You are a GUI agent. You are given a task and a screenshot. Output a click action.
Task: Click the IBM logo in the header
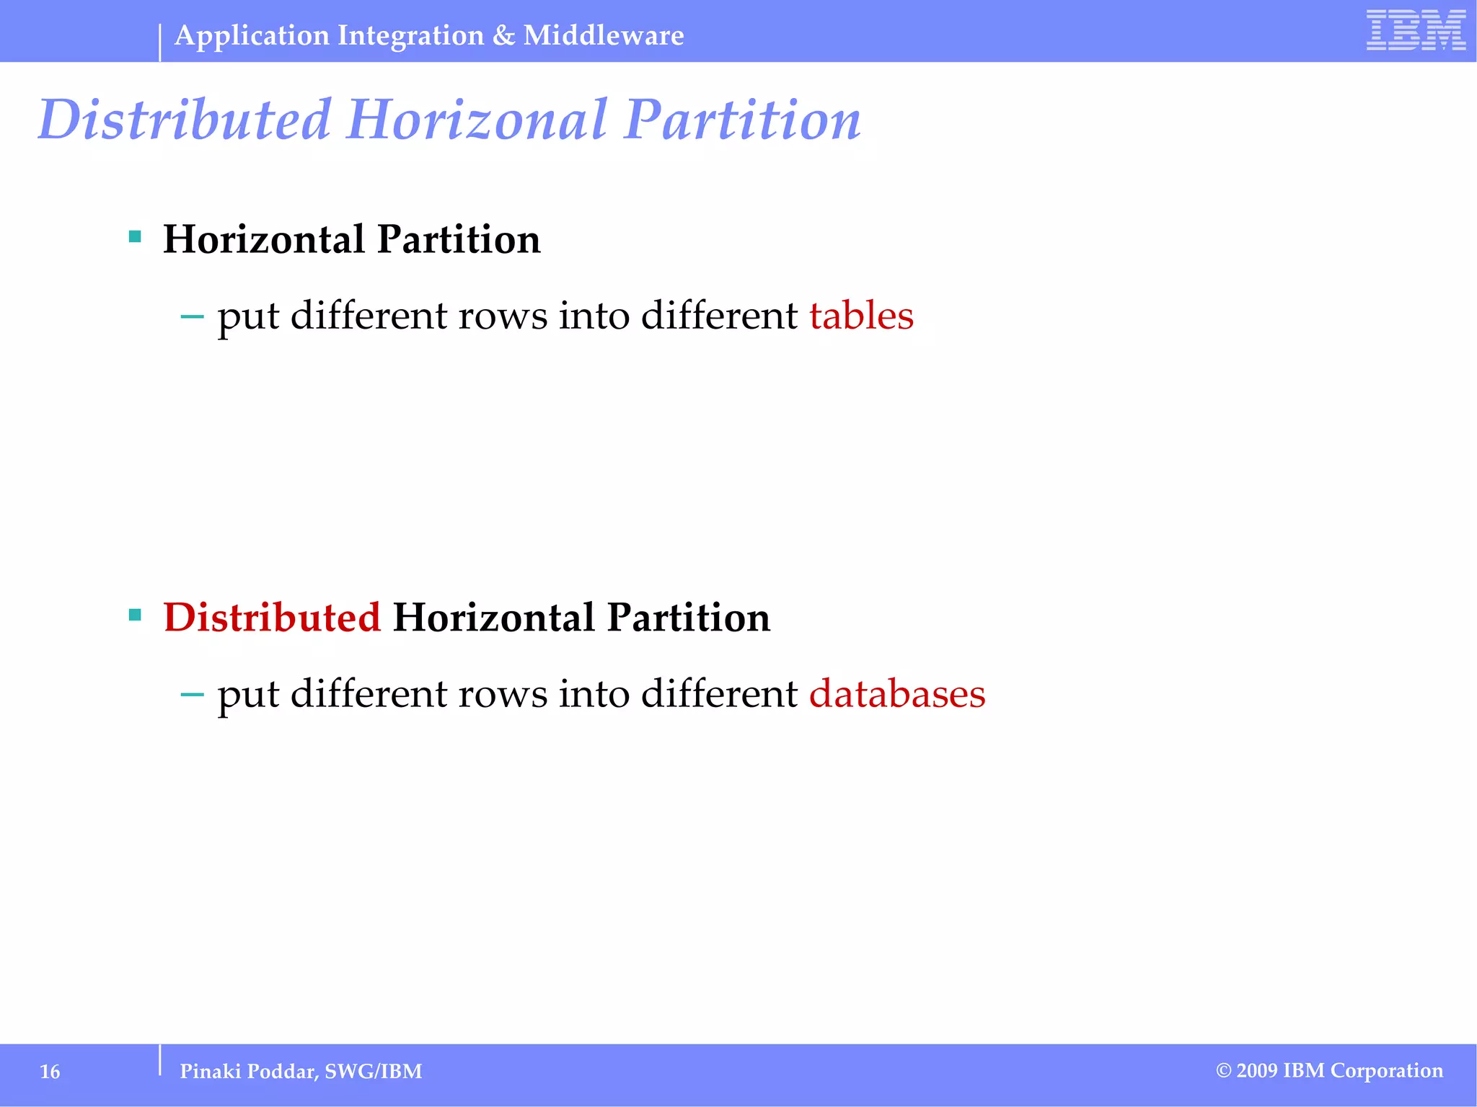(x=1416, y=30)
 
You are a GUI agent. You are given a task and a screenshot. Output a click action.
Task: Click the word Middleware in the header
(x=604, y=35)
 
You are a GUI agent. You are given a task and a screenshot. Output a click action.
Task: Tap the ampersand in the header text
(x=503, y=35)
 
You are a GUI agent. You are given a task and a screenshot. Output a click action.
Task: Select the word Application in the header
(x=252, y=35)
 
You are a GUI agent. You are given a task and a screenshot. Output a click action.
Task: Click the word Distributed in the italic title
(x=185, y=120)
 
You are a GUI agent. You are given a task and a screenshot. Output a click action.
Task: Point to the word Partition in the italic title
(x=742, y=120)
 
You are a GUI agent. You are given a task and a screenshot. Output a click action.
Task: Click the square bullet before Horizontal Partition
(x=135, y=236)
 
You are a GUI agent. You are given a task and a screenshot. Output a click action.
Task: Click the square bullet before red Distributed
(x=135, y=615)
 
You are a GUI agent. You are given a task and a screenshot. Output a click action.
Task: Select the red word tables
(x=861, y=316)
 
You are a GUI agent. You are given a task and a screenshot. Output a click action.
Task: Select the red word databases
(x=896, y=694)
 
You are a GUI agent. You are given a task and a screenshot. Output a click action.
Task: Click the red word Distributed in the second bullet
(x=271, y=618)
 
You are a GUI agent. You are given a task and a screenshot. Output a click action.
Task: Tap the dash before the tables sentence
(x=192, y=316)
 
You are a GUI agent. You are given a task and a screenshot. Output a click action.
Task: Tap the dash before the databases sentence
(x=192, y=695)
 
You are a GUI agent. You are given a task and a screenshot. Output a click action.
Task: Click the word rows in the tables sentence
(x=503, y=317)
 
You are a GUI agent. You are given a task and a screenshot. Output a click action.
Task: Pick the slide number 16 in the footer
(x=50, y=1072)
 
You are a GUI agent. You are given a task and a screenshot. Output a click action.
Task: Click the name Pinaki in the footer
(x=210, y=1072)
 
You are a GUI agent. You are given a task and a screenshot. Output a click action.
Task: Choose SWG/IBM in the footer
(x=373, y=1072)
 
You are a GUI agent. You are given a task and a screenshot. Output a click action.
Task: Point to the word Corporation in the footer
(x=1386, y=1071)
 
